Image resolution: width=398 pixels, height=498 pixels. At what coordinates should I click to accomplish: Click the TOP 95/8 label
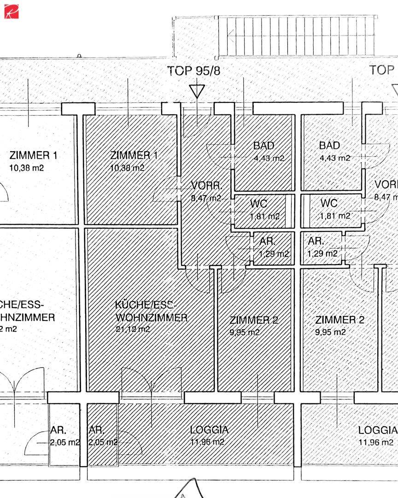193,71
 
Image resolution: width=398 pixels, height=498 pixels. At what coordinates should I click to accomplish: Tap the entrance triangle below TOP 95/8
197,90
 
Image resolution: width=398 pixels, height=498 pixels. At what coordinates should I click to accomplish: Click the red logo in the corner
11,11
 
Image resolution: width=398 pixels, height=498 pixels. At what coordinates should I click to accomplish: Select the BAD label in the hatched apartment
263,146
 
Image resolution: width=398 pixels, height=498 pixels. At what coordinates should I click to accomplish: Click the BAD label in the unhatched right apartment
329,146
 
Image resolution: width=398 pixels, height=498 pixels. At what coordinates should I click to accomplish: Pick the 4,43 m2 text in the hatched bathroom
269,158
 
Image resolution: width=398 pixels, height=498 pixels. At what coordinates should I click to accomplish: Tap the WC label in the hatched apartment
258,203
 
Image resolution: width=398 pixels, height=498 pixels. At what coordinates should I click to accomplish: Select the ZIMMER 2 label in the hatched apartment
254,320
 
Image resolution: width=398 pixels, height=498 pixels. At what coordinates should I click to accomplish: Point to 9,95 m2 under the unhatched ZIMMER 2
331,332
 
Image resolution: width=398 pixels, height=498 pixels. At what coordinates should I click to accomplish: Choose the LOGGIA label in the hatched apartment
209,430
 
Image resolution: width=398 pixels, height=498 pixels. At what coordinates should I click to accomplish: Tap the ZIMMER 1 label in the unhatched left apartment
34,155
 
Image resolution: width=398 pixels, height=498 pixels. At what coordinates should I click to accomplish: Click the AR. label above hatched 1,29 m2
268,241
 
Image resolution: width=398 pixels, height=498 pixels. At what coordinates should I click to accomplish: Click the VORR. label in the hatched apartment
207,186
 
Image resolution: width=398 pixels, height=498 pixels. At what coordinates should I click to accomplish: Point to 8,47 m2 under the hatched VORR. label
205,198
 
